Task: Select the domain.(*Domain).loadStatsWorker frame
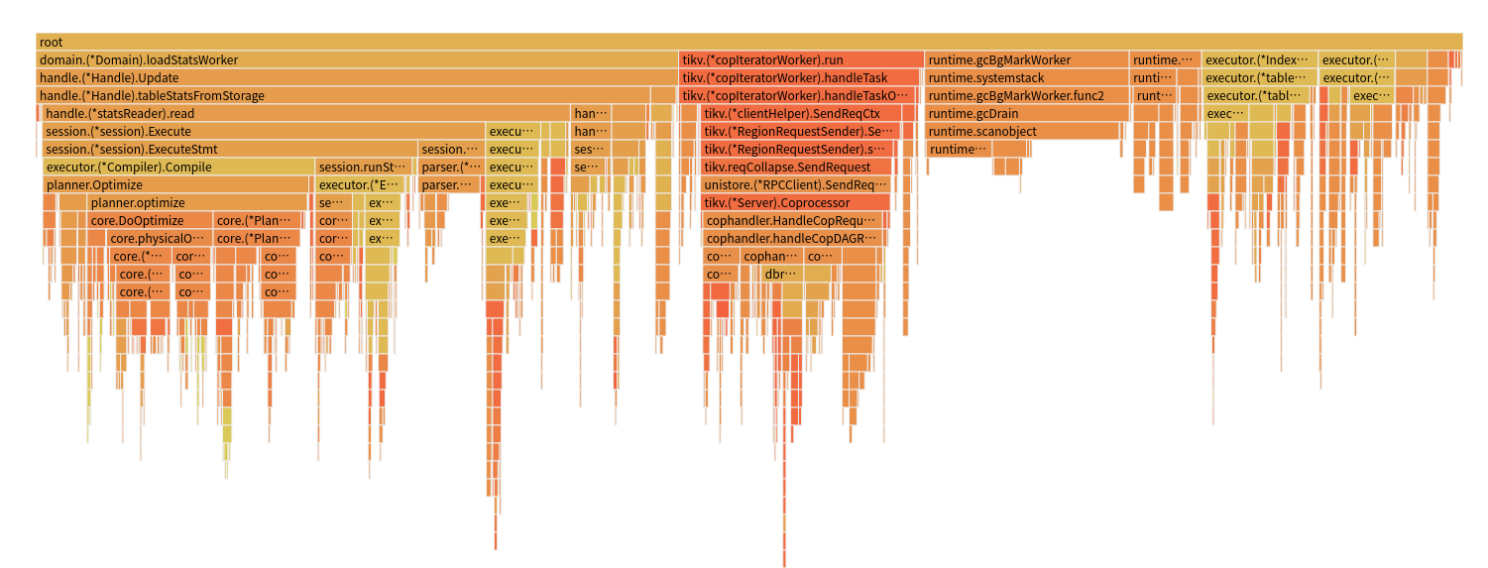click(357, 60)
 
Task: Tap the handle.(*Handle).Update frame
click(357, 78)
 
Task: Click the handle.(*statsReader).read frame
click(306, 114)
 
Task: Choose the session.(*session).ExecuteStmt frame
click(229, 150)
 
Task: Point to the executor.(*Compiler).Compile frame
click(178, 168)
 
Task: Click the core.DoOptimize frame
click(150, 221)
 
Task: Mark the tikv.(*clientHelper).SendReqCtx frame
click(799, 114)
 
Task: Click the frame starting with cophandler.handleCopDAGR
click(792, 239)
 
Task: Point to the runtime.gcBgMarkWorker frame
click(1026, 60)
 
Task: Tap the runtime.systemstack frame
click(1026, 78)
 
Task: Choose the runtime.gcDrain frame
click(1026, 114)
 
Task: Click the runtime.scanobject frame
click(1026, 132)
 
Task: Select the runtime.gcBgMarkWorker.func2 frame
click(1026, 96)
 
